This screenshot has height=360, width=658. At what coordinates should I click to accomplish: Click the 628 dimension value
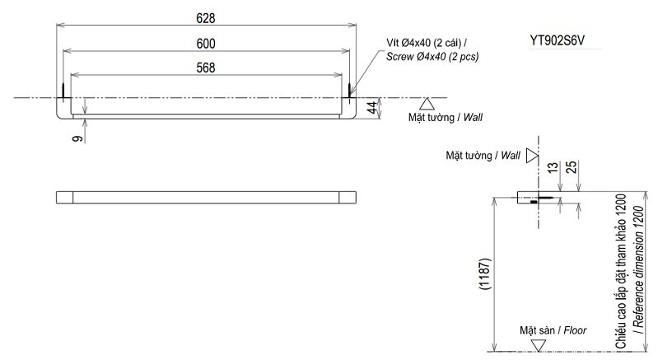pos(207,16)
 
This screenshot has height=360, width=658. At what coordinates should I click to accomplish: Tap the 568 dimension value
pos(207,68)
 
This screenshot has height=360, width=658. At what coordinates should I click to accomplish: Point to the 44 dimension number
pos(371,106)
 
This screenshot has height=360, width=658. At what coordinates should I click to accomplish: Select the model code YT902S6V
pos(563,39)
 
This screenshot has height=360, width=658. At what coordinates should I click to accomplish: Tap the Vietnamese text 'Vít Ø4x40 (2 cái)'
pos(427,43)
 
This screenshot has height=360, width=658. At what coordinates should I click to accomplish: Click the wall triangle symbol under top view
pos(426,104)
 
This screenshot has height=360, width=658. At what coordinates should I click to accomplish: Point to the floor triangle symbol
pos(538,345)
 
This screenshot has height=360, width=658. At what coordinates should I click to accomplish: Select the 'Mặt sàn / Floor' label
pos(553,330)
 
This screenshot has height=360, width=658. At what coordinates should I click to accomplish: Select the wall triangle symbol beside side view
pos(532,155)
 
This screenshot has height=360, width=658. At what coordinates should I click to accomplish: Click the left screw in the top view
pos(64,89)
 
